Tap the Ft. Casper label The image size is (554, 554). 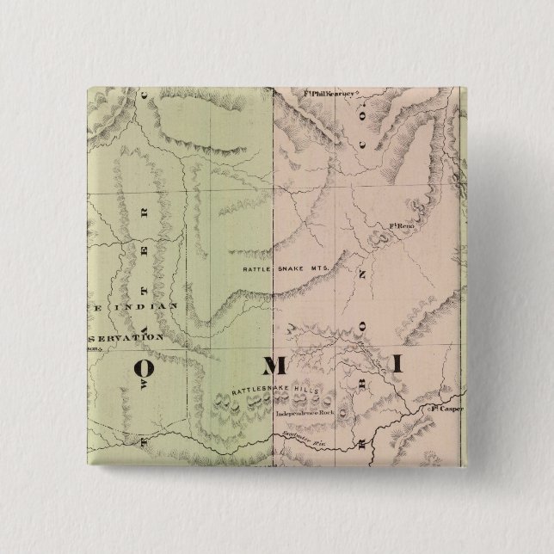click(446, 409)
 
